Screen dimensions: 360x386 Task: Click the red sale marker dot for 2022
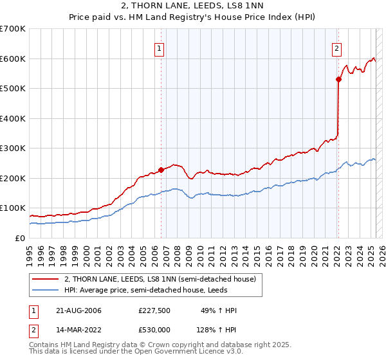(x=338, y=80)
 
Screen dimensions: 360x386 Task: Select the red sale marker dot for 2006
(x=161, y=170)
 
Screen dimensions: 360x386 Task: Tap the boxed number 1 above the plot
(x=159, y=47)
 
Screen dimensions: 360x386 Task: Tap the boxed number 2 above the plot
(x=336, y=47)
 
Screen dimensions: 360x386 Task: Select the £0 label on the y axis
(x=19, y=238)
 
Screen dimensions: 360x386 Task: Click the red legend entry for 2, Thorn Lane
(x=160, y=279)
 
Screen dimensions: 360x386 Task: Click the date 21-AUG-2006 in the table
(x=78, y=311)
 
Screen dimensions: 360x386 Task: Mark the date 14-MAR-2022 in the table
(x=78, y=330)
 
